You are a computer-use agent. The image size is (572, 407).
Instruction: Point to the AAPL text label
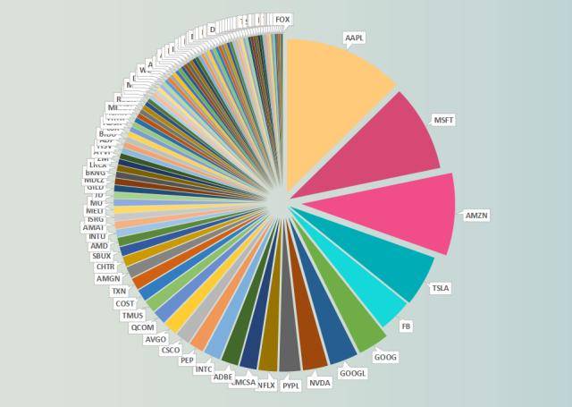[355, 38]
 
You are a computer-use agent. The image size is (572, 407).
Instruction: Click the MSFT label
[444, 120]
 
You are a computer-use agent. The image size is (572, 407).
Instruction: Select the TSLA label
[441, 288]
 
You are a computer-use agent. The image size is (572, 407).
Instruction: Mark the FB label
[407, 326]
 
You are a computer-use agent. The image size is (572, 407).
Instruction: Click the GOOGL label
[353, 373]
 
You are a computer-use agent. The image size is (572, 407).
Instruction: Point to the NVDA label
[319, 383]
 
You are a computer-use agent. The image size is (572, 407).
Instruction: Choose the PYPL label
[291, 386]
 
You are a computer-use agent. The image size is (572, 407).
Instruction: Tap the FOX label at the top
[282, 20]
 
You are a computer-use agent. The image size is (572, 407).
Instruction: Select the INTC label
[204, 369]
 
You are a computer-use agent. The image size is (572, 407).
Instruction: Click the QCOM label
[142, 327]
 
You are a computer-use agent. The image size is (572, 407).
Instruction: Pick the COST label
[125, 303]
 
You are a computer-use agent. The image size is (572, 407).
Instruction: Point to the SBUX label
[102, 256]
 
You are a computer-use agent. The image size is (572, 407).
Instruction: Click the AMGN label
[108, 278]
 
